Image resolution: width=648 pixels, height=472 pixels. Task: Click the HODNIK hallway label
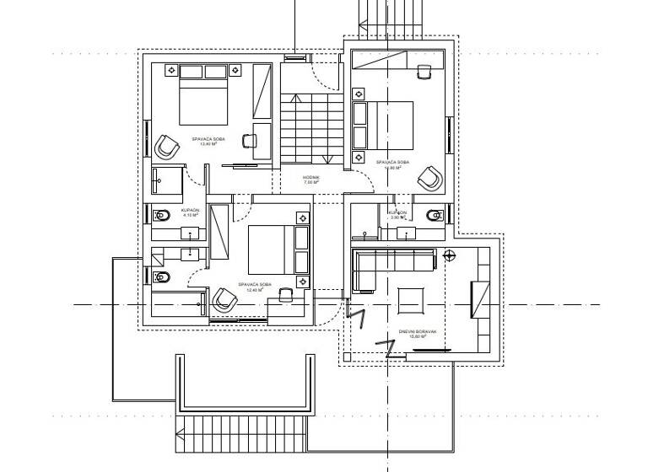coord(311,177)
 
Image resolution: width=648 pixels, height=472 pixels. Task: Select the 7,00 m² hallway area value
coord(311,183)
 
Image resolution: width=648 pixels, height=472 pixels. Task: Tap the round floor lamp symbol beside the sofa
coord(449,255)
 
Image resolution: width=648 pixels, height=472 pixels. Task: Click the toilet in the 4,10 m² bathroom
coord(162,216)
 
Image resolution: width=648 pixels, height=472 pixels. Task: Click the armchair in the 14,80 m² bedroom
coord(430,178)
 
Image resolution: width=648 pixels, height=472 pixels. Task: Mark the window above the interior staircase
coord(295,58)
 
